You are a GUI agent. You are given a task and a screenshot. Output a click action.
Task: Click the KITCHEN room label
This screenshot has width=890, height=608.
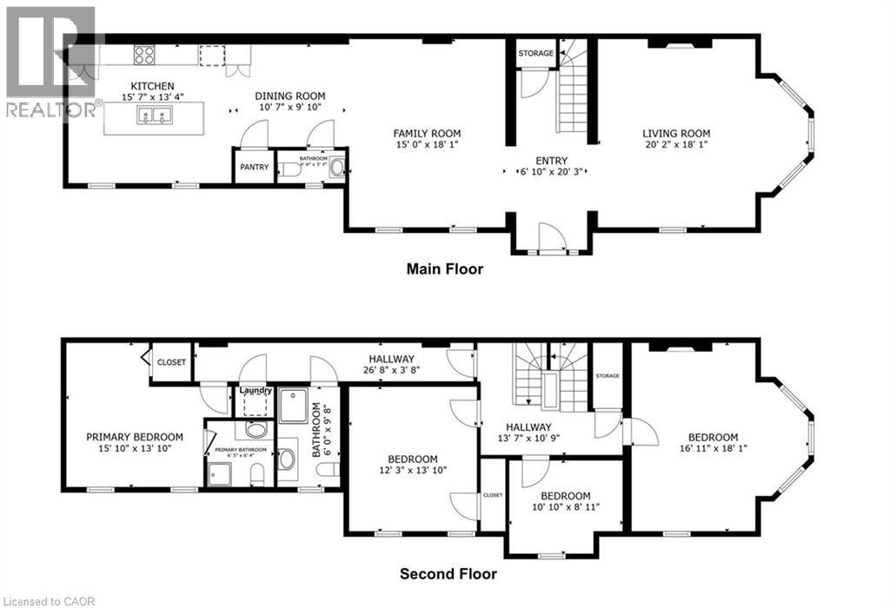click(153, 86)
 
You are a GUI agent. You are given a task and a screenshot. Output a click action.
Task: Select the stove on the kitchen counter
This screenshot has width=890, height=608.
click(144, 55)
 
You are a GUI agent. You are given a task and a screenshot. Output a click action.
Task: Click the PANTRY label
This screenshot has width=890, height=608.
click(255, 167)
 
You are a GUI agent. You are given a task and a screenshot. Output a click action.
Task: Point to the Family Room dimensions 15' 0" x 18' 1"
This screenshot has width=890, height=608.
click(426, 146)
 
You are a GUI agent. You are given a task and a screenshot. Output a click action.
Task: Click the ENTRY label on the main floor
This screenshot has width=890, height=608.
click(552, 161)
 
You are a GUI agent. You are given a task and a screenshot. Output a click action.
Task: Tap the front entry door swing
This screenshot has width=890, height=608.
click(547, 236)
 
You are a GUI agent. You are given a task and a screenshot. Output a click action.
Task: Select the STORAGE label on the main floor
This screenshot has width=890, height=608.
click(536, 54)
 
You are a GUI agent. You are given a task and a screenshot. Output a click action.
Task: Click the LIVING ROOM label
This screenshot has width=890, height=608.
click(676, 133)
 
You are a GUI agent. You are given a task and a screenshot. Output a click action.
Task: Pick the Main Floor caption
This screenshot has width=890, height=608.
click(445, 269)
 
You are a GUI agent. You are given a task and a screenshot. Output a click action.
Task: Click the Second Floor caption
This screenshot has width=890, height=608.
click(448, 574)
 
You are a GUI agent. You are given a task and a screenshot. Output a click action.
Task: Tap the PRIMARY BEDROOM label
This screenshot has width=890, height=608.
click(134, 437)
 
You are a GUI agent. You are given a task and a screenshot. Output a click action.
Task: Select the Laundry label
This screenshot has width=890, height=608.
click(256, 391)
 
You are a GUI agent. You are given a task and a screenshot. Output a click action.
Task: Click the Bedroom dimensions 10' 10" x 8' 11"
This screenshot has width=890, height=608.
click(565, 507)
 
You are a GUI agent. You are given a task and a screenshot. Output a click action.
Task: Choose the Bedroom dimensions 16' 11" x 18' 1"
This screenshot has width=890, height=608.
click(713, 450)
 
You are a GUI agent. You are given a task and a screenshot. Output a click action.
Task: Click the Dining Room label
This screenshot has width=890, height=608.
click(289, 96)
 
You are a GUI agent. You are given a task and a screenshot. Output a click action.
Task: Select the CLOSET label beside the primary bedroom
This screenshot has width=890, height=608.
click(171, 362)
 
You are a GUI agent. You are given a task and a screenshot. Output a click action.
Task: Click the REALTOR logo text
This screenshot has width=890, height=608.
click(50, 110)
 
